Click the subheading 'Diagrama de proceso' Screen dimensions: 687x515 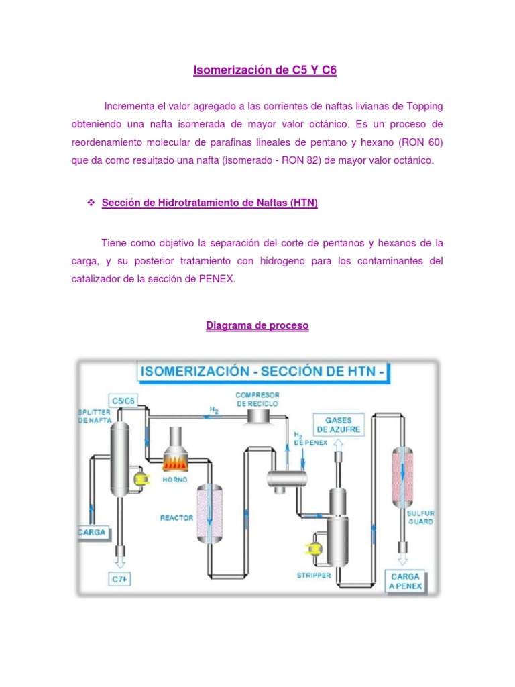pyautogui.click(x=257, y=326)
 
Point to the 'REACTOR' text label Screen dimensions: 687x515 pyautogui.click(x=176, y=518)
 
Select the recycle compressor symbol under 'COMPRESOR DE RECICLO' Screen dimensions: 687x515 pyautogui.click(x=258, y=417)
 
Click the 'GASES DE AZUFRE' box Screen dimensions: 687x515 pyautogui.click(x=339, y=424)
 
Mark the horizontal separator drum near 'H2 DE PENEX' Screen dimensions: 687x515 pyautogui.click(x=286, y=478)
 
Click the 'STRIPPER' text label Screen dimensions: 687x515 pyautogui.click(x=314, y=575)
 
